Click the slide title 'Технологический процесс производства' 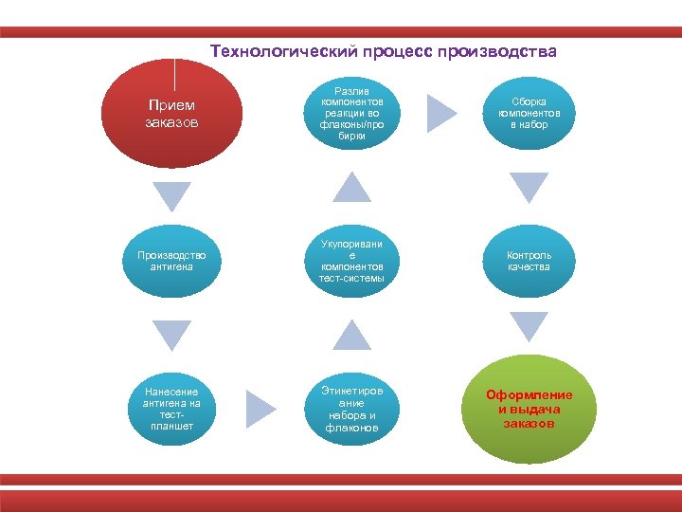click(383, 50)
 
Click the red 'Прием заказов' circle click(173, 114)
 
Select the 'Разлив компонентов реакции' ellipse click(352, 113)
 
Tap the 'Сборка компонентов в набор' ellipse click(529, 113)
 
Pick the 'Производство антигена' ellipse click(173, 261)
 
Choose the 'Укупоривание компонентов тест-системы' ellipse click(352, 261)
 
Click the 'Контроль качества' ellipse click(529, 261)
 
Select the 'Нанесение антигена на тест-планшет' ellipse click(173, 408)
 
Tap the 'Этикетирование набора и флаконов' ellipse click(352, 408)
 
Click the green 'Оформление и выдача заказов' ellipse click(529, 409)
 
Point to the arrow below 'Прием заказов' click(172, 195)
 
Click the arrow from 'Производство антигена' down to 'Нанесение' click(172, 335)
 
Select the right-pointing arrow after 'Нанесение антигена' click(260, 409)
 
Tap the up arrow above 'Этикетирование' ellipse click(352, 335)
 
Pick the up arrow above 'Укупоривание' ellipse click(352, 188)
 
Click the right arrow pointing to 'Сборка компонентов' click(441, 113)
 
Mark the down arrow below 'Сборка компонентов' click(529, 188)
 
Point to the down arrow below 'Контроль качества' click(529, 326)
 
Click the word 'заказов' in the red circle click(172, 122)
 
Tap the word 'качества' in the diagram click(529, 267)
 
